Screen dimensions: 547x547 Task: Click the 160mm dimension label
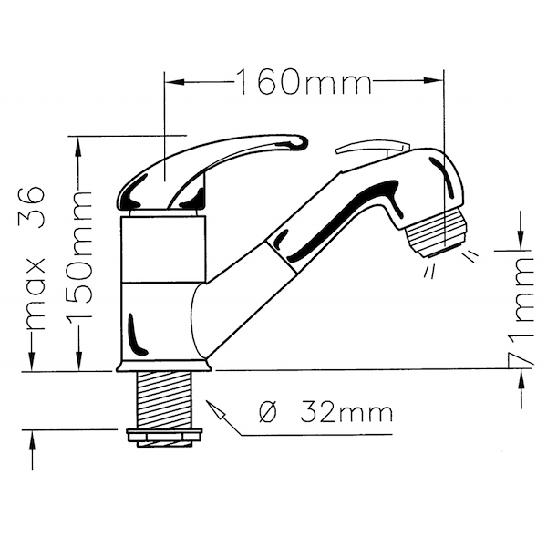[x=304, y=82]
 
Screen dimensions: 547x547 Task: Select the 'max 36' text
[x=35, y=258]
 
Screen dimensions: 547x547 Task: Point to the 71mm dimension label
[x=521, y=311]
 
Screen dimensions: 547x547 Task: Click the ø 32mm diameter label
[x=325, y=413]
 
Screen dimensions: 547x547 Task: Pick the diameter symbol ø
[x=268, y=413]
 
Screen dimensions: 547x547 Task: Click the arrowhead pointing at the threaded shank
[x=214, y=408]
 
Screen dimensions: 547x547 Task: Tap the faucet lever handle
[x=212, y=171]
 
